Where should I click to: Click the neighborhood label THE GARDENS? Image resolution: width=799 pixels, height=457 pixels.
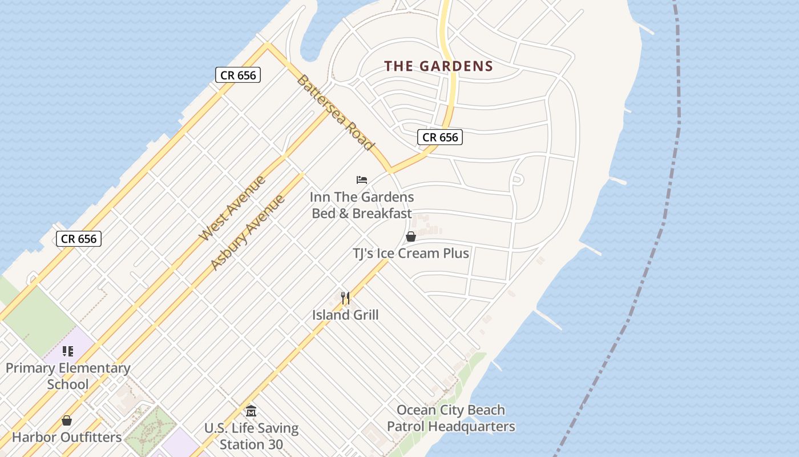pos(438,66)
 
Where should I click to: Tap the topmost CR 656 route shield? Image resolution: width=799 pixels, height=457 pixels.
pos(238,75)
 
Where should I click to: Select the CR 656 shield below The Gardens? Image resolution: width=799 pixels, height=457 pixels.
pos(439,137)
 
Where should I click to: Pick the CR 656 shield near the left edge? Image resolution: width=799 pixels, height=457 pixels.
pos(79,239)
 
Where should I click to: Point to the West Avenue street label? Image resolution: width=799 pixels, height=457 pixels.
pos(232,209)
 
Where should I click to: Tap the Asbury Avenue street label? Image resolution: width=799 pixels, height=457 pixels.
pos(247,232)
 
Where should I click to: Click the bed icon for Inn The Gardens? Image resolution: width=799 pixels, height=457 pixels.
pos(362,180)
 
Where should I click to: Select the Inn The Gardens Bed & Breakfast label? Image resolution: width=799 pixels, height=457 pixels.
pos(362,205)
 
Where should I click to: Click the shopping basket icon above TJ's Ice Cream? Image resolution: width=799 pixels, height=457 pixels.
pos(410,236)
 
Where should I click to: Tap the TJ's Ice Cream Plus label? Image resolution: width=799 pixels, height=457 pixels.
pos(410,253)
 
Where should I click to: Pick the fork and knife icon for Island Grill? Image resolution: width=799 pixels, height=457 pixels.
pos(345,298)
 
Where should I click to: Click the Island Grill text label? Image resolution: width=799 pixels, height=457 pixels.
pos(345,315)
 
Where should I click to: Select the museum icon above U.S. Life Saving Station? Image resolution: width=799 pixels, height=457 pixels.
pos(251,411)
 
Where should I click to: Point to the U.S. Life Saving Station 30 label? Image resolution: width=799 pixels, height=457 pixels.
pos(251,436)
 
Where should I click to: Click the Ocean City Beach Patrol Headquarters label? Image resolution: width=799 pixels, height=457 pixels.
pos(451,418)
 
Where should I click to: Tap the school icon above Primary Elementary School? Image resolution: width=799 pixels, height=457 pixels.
pos(67,351)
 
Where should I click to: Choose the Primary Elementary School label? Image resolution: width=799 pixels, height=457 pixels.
pos(68,376)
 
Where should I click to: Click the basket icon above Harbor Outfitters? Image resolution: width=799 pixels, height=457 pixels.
pos(67,421)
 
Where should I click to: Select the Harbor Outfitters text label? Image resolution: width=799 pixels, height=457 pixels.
pos(67,438)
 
